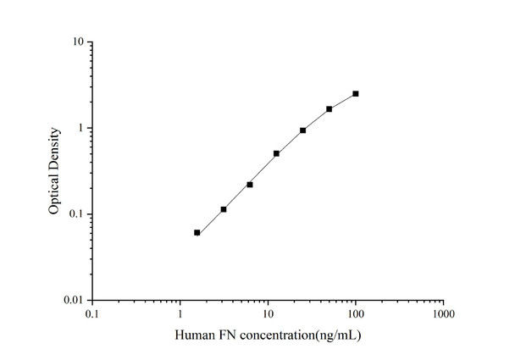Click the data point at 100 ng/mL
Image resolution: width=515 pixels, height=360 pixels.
pos(356,93)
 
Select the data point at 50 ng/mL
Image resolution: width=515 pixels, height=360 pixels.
pos(329,109)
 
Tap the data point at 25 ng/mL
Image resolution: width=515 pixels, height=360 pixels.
pos(303,130)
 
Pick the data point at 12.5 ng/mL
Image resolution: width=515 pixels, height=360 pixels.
pos(276,153)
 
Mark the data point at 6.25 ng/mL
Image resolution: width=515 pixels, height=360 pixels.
pos(250,184)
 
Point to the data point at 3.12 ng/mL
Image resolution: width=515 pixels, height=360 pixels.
pos(224,209)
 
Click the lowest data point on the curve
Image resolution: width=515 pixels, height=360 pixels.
pos(197,232)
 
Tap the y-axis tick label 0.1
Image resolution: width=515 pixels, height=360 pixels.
pos(75,214)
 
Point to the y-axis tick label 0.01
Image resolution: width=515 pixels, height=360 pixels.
pos(73,301)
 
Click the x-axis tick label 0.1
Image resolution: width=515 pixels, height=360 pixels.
pos(91,313)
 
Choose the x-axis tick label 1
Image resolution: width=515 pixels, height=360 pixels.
pos(180,313)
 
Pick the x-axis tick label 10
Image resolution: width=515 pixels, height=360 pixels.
pos(268,313)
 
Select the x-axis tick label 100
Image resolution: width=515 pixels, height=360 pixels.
pos(356,313)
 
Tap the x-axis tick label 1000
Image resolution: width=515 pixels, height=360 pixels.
pos(443,313)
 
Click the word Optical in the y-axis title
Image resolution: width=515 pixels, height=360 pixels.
pos(54,192)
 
